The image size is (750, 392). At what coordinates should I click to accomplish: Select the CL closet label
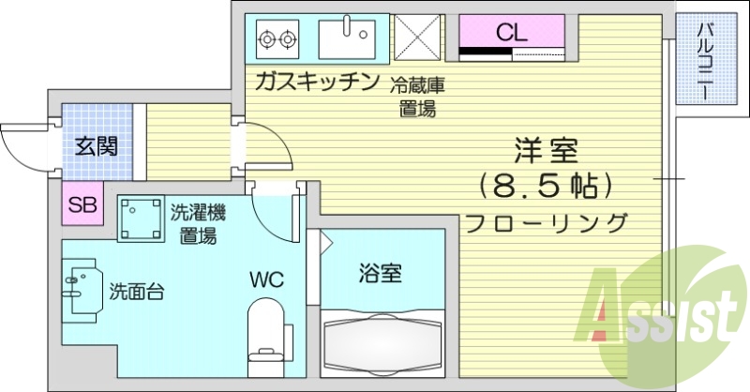(512, 32)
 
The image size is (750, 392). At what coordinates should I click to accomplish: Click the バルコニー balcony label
(705, 62)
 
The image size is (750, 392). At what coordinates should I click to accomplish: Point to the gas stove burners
(277, 38)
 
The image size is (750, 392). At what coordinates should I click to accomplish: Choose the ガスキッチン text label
(315, 81)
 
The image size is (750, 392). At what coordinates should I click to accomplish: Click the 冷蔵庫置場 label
(417, 96)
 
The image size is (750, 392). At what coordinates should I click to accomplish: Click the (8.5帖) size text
(546, 186)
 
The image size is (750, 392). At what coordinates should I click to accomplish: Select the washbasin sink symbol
(82, 288)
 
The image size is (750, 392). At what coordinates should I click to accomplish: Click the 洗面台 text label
(137, 290)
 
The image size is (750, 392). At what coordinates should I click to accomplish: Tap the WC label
(264, 279)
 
